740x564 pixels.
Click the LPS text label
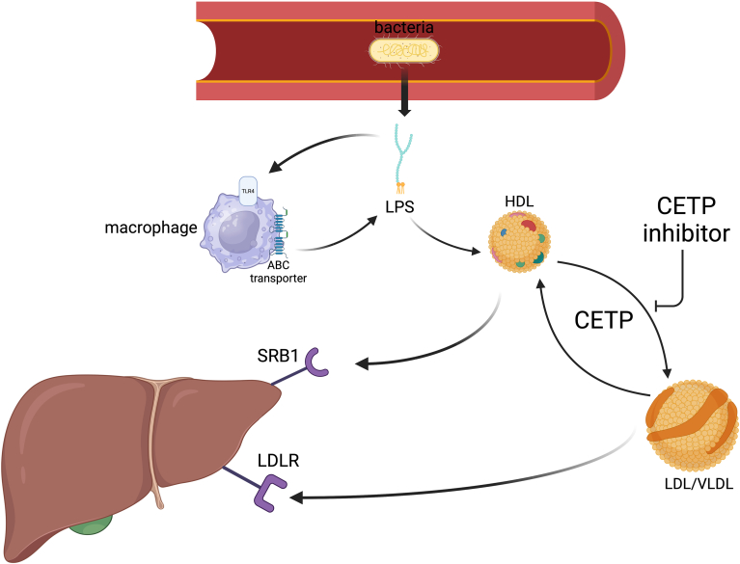[397, 205]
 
